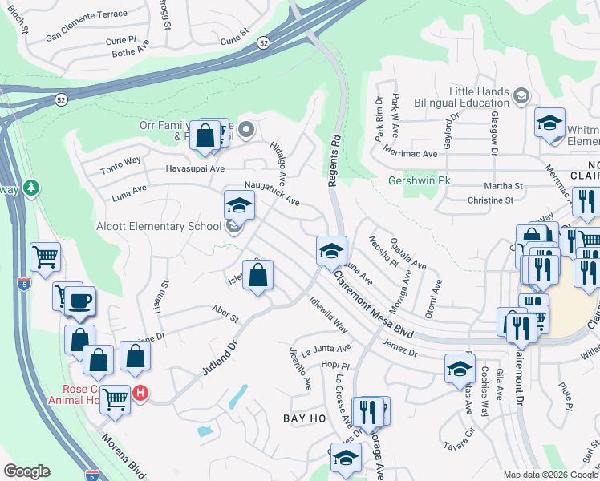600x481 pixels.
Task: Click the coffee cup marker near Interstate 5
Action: (79, 301)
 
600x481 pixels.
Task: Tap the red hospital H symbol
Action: (140, 393)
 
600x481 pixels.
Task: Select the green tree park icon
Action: (31, 188)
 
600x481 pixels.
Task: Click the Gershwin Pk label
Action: (420, 180)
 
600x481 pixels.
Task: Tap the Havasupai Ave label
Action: (195, 168)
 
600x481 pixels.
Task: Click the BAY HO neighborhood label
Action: (306, 418)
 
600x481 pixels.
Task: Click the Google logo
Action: (26, 471)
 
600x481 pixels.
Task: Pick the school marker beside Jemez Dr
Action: (460, 367)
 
